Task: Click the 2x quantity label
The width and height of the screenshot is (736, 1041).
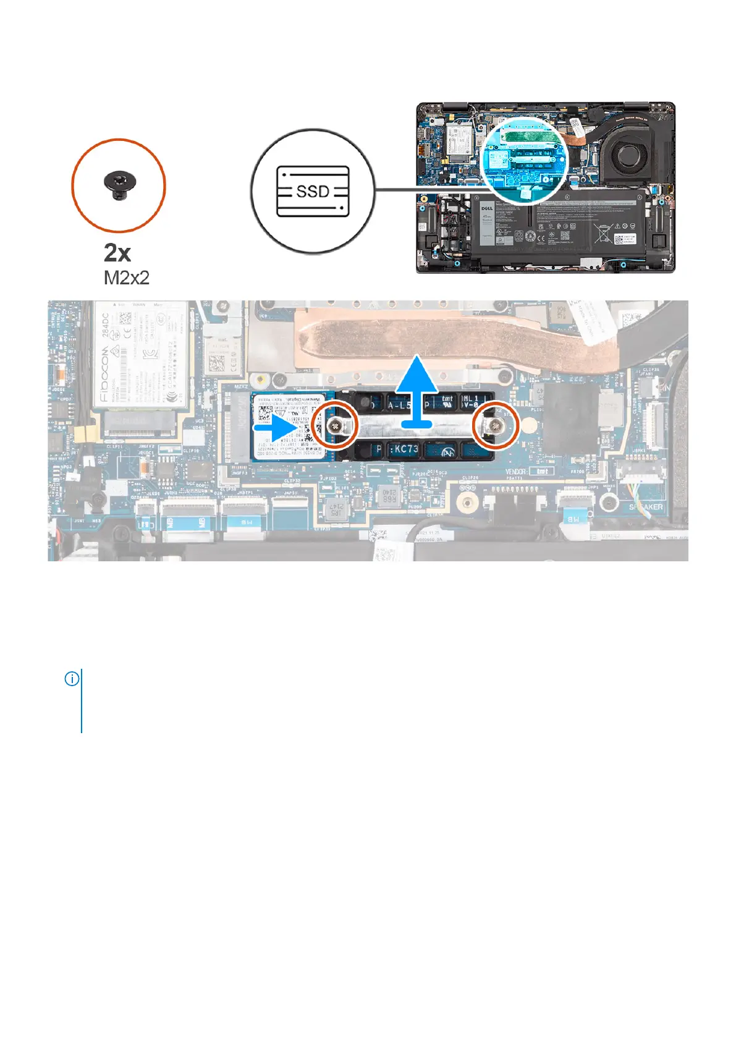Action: click(117, 253)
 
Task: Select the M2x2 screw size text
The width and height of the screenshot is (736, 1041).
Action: click(127, 278)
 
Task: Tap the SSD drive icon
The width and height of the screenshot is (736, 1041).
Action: click(313, 191)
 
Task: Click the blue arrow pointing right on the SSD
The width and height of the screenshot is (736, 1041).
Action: click(278, 427)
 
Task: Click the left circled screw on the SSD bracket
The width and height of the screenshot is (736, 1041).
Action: click(334, 425)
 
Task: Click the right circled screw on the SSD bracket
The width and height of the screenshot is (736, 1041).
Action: click(495, 425)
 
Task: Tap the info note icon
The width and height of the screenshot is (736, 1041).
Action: click(72, 679)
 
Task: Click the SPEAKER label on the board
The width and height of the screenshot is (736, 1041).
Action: click(646, 507)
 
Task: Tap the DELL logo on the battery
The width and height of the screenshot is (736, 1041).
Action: click(486, 209)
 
